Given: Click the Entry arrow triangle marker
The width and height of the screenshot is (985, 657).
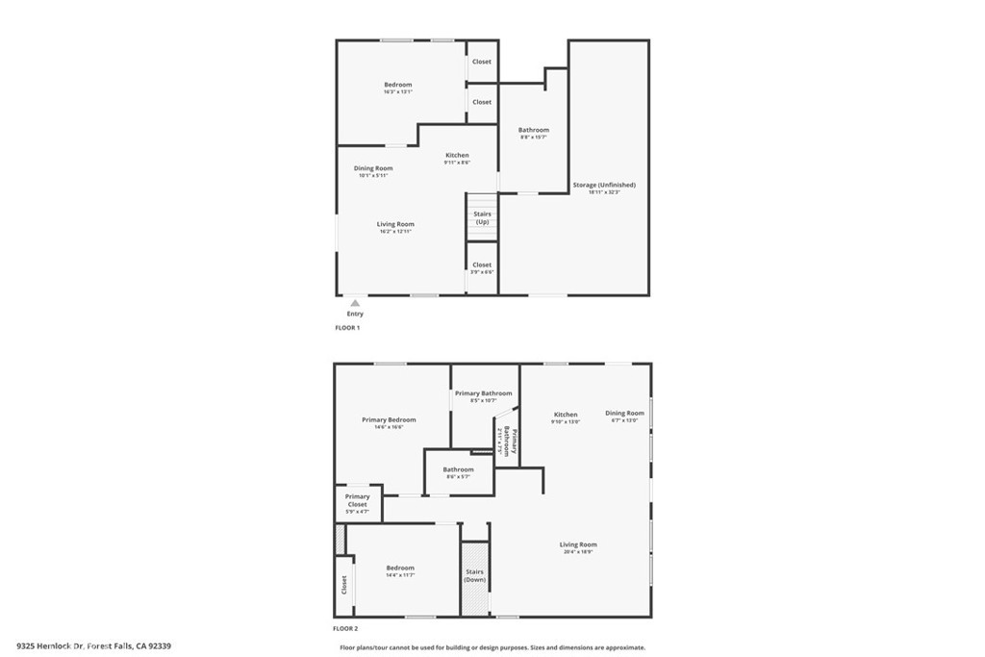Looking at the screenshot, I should (355, 303).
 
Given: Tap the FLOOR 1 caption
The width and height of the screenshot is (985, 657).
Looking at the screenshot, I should (346, 328).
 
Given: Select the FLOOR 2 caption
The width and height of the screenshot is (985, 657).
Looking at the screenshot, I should (346, 628).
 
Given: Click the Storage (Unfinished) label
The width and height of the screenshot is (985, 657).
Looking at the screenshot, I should (604, 185).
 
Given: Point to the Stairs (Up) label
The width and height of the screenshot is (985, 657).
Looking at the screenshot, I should (482, 218).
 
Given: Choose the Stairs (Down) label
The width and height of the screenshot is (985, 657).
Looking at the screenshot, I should (475, 575).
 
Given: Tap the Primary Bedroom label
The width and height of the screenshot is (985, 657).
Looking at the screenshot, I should (389, 419).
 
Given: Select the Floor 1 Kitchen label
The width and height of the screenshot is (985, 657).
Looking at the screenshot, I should (457, 155).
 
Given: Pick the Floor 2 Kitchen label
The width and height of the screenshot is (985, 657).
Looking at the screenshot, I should (566, 415).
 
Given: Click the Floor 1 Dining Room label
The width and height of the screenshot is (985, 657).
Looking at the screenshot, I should (373, 168).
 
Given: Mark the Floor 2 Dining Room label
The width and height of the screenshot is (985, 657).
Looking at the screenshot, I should (624, 414).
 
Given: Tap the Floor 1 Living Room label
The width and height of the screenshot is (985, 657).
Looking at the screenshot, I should (395, 224).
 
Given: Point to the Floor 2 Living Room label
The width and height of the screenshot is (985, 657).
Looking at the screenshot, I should (578, 544).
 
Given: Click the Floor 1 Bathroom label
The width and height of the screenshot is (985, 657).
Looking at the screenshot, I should (534, 130).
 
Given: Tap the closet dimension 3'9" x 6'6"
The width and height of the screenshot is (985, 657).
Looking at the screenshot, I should (482, 272).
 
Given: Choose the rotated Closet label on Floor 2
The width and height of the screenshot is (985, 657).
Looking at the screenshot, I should (343, 585).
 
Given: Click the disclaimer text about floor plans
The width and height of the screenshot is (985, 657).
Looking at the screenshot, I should (492, 647).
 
